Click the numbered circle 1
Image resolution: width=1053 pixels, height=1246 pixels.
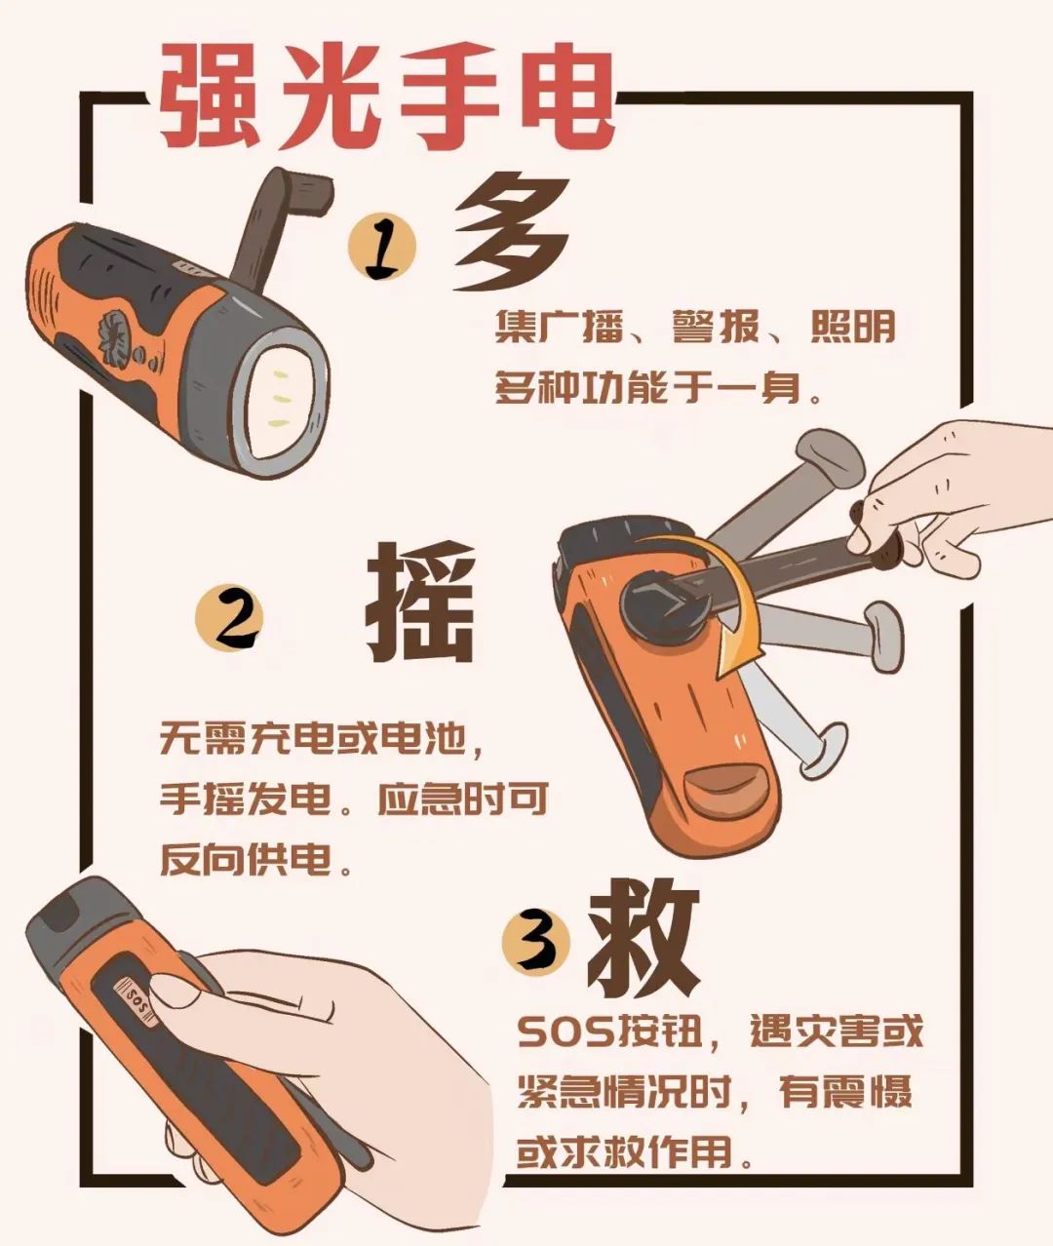coord(382,247)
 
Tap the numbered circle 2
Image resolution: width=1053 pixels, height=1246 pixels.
coord(229,617)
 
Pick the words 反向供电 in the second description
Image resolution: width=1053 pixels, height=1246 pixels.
coord(246,858)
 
